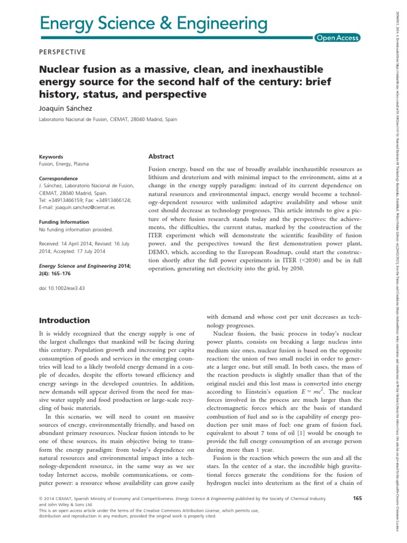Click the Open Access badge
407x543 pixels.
(337, 38)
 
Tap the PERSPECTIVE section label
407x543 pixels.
(63, 52)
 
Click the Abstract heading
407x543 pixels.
(161, 157)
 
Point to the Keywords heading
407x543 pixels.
(51, 157)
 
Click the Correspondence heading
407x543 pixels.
(58, 179)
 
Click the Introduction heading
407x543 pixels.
(65, 320)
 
